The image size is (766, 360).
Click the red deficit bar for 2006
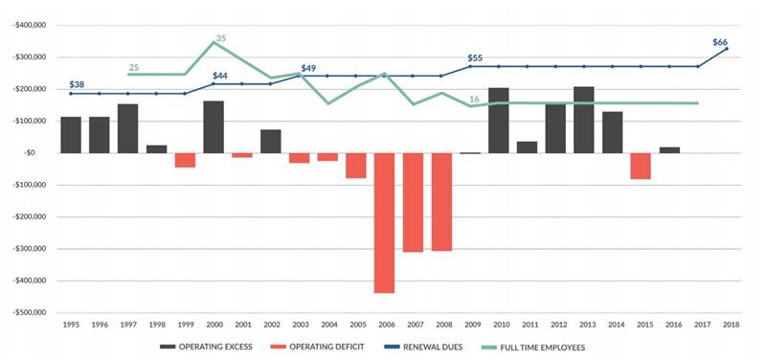tap(384, 222)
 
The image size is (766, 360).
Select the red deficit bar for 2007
tap(413, 202)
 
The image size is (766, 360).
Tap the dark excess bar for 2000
tap(214, 126)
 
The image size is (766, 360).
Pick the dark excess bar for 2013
tap(584, 120)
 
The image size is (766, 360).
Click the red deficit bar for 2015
tap(641, 166)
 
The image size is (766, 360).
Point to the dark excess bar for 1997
tap(127, 128)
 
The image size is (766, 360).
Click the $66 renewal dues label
tap(720, 43)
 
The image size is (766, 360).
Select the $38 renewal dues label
tap(78, 83)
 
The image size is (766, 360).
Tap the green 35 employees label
tap(220, 39)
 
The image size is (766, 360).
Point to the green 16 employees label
tap(474, 100)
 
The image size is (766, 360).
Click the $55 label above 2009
tap(475, 58)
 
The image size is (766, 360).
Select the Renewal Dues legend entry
tap(428, 347)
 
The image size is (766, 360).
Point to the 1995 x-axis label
tap(71, 326)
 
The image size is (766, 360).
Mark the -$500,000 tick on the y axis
tap(31, 312)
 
